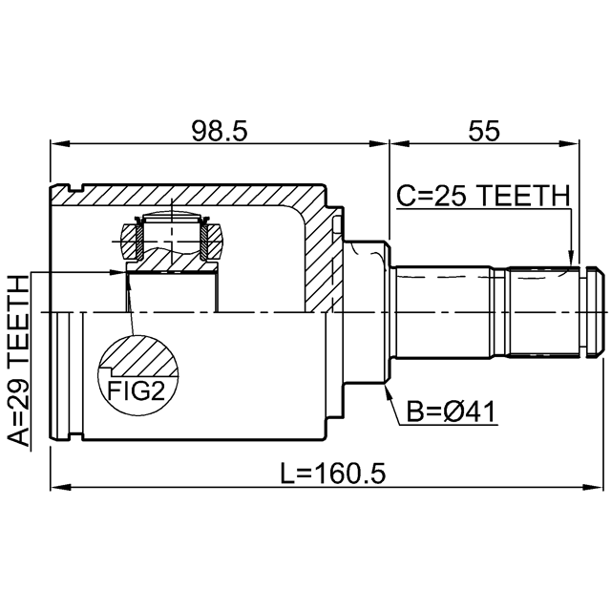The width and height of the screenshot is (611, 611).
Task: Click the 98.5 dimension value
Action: pos(220,131)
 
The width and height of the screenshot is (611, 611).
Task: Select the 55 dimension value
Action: pos(484,131)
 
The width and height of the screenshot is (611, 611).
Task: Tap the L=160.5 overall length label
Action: pos(333,474)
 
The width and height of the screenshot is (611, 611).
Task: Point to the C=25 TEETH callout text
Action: pos(483,196)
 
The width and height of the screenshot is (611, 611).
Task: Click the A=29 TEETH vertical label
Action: pos(19,361)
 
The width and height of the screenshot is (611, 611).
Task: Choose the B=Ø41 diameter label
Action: pos(451,411)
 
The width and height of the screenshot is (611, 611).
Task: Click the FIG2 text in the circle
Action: pos(137,390)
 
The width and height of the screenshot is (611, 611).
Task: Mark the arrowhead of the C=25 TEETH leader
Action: pos(571,259)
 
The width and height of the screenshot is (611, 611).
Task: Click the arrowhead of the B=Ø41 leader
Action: pos(388,391)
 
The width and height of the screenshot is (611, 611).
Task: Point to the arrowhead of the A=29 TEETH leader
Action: pos(117,272)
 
